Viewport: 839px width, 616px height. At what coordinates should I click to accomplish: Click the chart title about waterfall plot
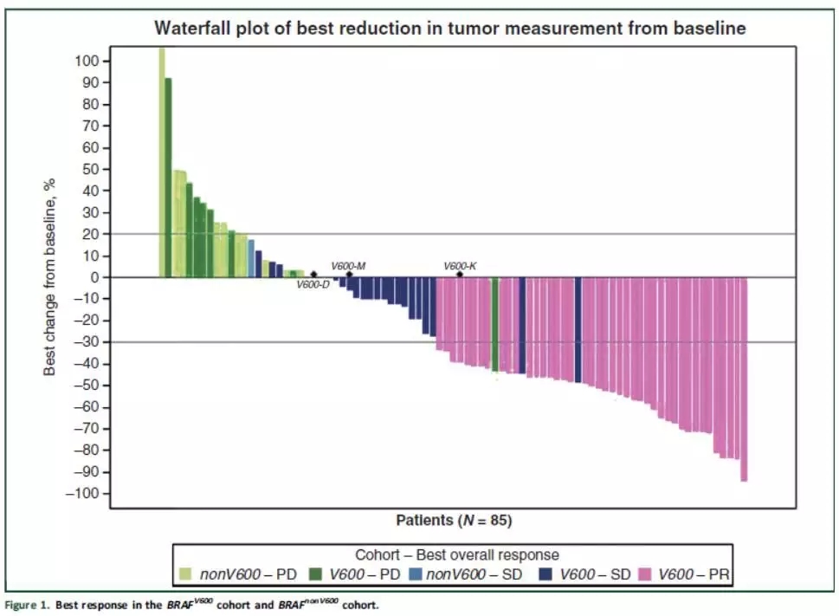449,28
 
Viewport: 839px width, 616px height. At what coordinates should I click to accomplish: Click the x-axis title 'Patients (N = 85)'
455,521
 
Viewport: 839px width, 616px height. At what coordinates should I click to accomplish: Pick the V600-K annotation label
460,266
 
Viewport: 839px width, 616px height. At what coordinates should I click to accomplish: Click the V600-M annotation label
348,266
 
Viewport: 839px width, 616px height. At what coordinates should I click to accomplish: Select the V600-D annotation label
313,285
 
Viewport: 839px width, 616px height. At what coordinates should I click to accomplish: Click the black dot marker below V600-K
460,275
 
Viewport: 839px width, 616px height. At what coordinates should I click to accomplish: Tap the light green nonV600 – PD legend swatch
185,574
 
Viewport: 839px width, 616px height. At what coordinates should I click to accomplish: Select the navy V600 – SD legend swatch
545,574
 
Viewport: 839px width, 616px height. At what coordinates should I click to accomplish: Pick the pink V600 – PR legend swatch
646,574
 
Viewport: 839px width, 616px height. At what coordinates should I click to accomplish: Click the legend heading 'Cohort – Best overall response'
457,554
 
